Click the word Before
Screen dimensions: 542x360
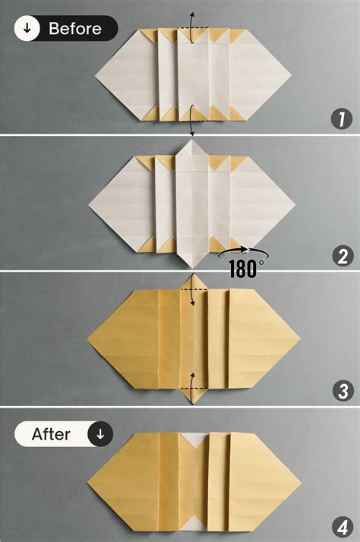tap(75, 29)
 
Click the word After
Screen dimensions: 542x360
tap(51, 435)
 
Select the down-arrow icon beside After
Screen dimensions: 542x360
tap(99, 435)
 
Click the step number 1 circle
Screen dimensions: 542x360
tap(342, 118)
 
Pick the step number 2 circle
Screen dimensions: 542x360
tap(342, 256)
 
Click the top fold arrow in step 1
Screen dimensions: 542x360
tap(191, 20)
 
